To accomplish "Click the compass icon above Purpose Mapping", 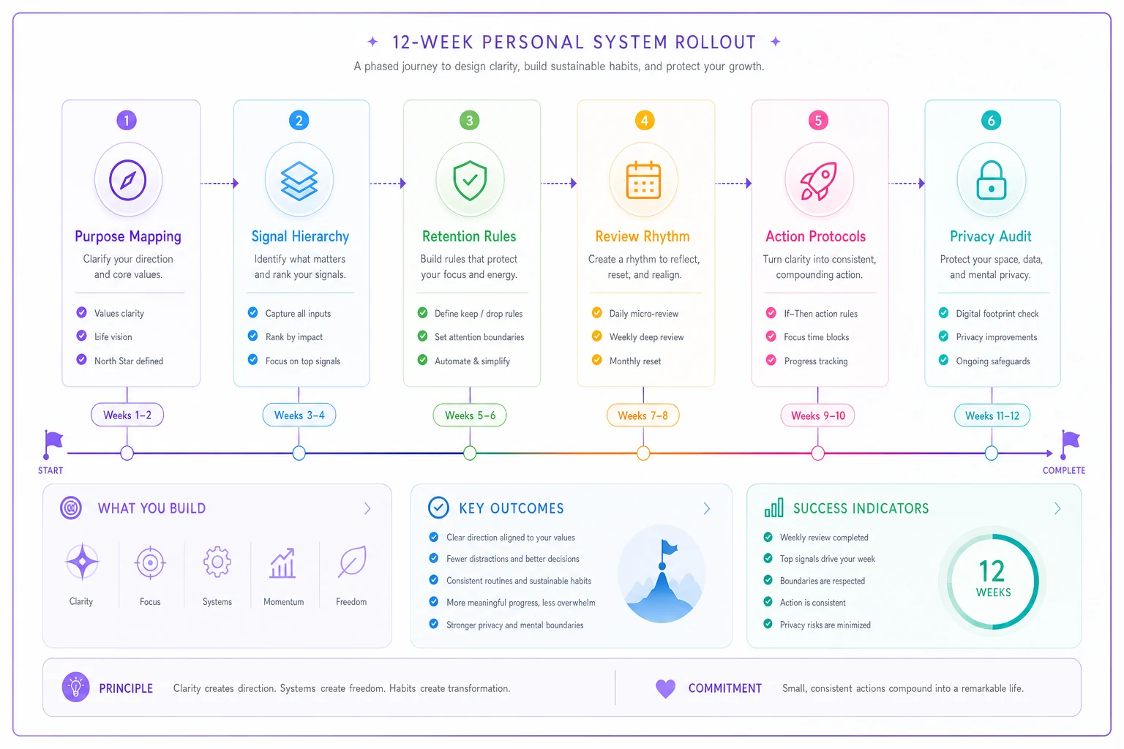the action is click(x=128, y=180).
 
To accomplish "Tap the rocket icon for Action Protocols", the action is click(x=818, y=181).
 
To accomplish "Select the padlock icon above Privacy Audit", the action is click(x=991, y=180).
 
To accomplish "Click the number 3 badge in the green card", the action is click(x=470, y=121).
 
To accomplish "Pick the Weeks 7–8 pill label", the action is click(x=642, y=415).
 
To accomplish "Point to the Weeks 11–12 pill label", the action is click(x=992, y=415).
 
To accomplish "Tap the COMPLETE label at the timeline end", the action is click(x=1064, y=470).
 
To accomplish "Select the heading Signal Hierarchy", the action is click(x=300, y=236).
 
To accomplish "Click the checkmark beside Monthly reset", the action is click(x=596, y=360).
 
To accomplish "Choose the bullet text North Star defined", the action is click(x=129, y=361).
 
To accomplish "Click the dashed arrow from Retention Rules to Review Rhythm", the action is click(x=558, y=183).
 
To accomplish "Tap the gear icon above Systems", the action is click(x=217, y=562).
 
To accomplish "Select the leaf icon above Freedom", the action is click(x=352, y=562).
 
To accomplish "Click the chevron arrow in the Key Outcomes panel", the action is click(x=706, y=508).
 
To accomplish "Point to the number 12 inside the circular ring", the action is click(x=992, y=571).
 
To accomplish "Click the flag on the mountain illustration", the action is click(x=668, y=548).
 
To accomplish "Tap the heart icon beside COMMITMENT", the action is click(x=665, y=688).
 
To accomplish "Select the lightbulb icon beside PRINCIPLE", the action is click(x=76, y=688).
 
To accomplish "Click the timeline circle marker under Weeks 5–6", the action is click(x=470, y=453).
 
